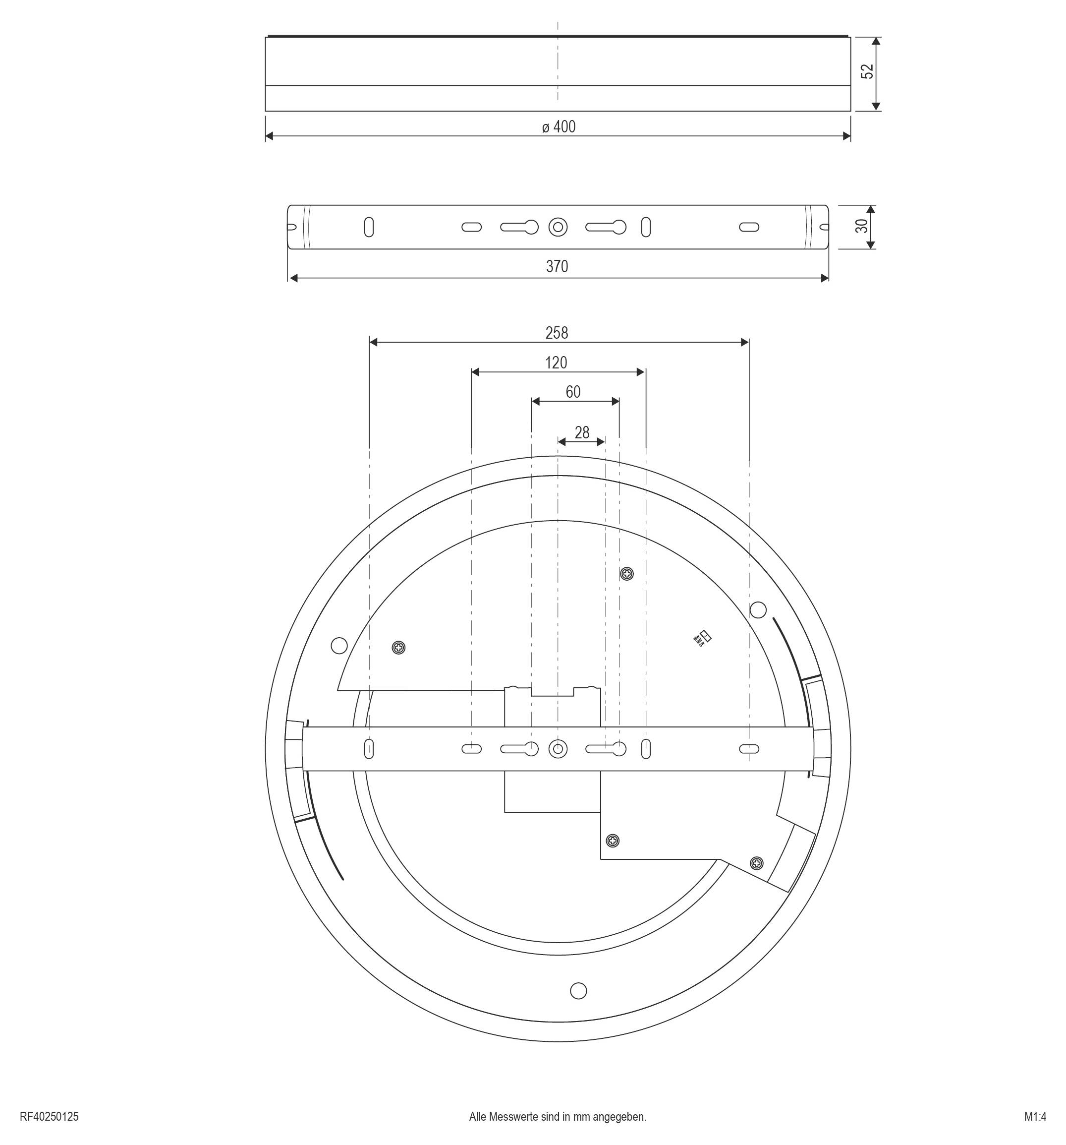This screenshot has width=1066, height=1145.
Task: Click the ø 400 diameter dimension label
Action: pyautogui.click(x=558, y=127)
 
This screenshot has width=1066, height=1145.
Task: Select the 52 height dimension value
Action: pyautogui.click(x=867, y=72)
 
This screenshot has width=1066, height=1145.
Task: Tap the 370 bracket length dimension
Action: pyautogui.click(x=557, y=267)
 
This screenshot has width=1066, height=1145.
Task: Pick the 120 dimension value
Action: pyautogui.click(x=556, y=363)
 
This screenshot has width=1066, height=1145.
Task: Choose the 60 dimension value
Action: pyautogui.click(x=573, y=392)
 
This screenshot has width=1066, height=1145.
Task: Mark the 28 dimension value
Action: pyautogui.click(x=581, y=432)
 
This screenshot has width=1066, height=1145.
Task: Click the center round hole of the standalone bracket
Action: pyautogui.click(x=557, y=228)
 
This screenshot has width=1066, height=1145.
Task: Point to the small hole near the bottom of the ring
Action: pyautogui.click(x=578, y=991)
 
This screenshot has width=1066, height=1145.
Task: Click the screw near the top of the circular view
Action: pyautogui.click(x=626, y=574)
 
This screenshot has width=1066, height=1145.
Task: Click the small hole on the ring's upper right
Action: pyautogui.click(x=758, y=609)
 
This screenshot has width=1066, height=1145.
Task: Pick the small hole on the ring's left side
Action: pyautogui.click(x=339, y=646)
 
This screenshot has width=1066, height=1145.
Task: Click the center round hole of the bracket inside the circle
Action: pyautogui.click(x=557, y=749)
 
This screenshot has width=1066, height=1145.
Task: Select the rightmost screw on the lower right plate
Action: pyautogui.click(x=757, y=863)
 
